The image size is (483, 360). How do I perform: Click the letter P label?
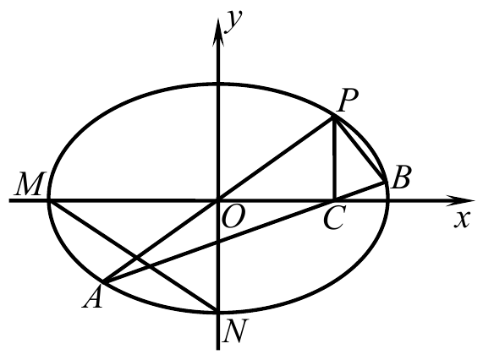tap(348, 101)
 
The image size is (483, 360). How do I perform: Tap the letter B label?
tap(400, 177)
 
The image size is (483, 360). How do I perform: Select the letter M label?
tap(28, 183)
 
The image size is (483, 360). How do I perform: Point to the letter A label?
tap(92, 297)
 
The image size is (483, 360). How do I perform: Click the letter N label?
tap(235, 330)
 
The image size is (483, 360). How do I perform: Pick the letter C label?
tap(334, 217)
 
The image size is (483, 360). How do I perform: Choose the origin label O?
tap(233, 216)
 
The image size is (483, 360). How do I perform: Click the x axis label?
tap(462, 220)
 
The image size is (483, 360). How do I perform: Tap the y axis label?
tap(234, 21)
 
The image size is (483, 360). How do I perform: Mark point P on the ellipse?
tap(334, 117)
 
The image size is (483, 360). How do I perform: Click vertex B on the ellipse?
tap(385, 182)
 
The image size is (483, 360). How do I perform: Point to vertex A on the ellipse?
tap(104, 281)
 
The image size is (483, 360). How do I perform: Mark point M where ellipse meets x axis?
tap(49, 200)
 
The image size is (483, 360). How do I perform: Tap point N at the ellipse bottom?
tap(218, 311)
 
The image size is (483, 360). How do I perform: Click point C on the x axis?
tap(334, 200)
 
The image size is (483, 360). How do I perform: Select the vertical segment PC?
tap(334, 159)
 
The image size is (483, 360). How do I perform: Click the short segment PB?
tap(360, 150)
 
